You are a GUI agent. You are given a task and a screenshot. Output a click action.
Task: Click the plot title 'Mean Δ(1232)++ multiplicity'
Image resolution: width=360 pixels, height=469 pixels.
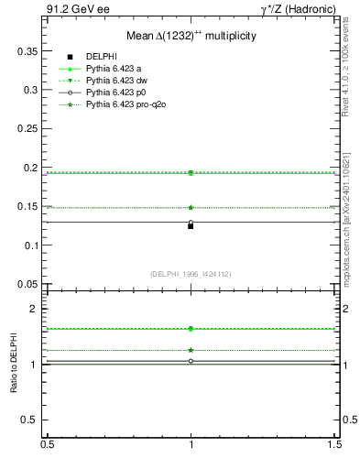tap(191, 35)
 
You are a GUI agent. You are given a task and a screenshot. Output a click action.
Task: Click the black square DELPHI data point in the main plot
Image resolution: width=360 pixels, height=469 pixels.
tap(191, 225)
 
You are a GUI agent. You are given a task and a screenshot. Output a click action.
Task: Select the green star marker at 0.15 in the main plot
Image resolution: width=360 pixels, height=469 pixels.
tap(191, 208)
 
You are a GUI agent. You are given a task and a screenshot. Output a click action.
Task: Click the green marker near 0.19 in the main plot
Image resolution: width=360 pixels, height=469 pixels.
tap(191, 173)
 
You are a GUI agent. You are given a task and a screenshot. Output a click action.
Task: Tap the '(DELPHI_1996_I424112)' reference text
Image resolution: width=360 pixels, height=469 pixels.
tap(191, 274)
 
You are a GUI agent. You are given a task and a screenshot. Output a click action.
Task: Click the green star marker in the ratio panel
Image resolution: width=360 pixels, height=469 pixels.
tap(191, 350)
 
